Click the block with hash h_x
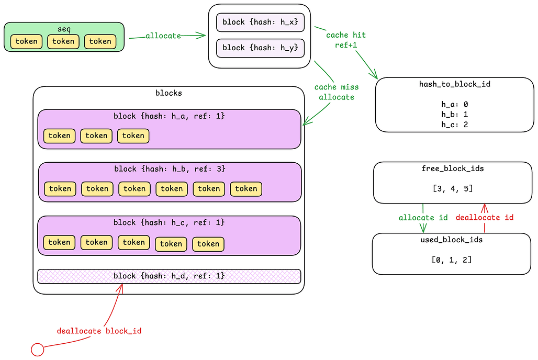260,22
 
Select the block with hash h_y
260,48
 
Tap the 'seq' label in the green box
64,28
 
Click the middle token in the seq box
63,41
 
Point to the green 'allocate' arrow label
163,36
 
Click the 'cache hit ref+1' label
345,40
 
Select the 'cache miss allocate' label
336,92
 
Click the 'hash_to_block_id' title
454,84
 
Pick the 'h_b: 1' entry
454,114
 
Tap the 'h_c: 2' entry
454,124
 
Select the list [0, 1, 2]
451,260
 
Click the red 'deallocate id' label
484,218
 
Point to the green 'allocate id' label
423,218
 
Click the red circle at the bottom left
37,349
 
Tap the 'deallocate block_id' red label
99,331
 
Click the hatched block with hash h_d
169,276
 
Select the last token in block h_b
246,189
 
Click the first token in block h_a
59,136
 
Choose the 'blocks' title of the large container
169,93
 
